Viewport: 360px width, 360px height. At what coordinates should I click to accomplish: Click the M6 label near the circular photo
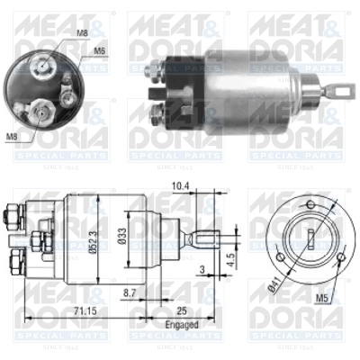pyautogui.click(x=100, y=51)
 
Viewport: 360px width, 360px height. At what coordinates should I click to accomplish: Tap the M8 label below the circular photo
pyautogui.click(x=11, y=138)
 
